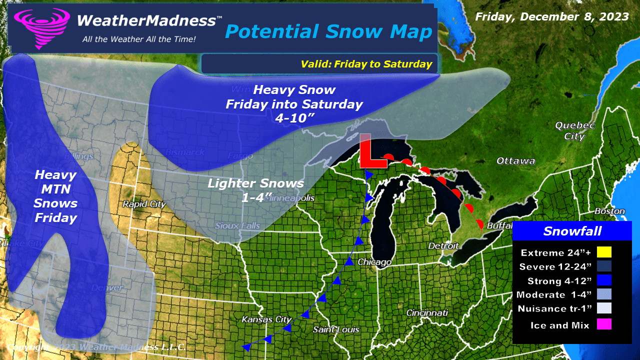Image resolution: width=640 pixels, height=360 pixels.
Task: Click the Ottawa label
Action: [515, 161]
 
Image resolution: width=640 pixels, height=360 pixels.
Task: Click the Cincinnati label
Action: [427, 313]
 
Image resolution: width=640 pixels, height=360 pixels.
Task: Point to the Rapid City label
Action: [144, 204]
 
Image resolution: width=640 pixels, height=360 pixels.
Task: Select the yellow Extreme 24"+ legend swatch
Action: [603, 252]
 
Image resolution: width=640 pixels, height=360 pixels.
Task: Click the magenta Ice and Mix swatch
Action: [603, 325]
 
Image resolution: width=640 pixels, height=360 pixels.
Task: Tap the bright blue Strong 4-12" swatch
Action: [603, 281]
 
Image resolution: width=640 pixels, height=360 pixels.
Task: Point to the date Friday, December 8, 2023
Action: [552, 16]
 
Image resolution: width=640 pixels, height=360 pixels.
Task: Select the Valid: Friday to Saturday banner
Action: [366, 64]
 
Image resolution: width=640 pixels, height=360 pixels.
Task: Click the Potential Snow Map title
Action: [328, 31]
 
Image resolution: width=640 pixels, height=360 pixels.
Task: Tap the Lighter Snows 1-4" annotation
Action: [256, 190]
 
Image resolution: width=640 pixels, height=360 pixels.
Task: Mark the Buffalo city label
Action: [499, 226]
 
